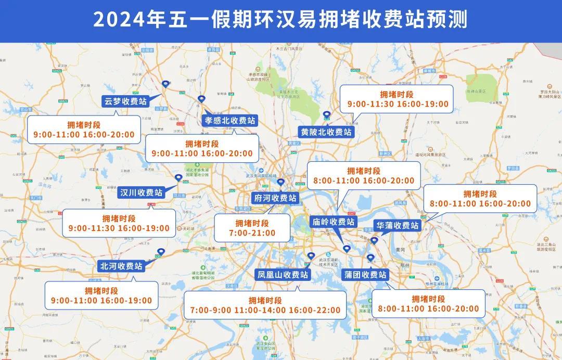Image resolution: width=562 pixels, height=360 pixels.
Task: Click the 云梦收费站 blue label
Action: point(125,101)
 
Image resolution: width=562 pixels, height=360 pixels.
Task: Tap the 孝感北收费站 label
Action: point(229,121)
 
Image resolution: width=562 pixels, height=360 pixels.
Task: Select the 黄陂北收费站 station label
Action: point(326,132)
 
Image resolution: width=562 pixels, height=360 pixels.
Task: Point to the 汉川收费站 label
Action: point(141,192)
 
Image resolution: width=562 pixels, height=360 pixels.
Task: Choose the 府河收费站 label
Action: point(275,198)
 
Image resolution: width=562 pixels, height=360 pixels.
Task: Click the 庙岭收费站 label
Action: point(333,222)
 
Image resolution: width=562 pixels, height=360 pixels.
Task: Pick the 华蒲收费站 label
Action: point(398,226)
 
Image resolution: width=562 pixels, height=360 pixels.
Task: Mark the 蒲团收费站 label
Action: point(366,275)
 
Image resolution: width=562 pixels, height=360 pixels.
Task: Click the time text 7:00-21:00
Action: point(252,233)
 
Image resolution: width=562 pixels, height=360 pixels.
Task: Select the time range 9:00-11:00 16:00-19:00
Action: point(101,301)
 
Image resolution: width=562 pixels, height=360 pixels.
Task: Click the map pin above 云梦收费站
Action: point(165,84)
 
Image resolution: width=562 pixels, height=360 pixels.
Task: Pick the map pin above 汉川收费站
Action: point(178,178)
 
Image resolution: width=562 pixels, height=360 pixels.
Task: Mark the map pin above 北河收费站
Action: point(160,252)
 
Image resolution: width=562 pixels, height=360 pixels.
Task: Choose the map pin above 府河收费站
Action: point(281,183)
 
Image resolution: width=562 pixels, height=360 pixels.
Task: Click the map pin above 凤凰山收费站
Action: point(311,256)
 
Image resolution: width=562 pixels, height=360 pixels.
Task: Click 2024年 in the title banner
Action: point(120,20)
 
